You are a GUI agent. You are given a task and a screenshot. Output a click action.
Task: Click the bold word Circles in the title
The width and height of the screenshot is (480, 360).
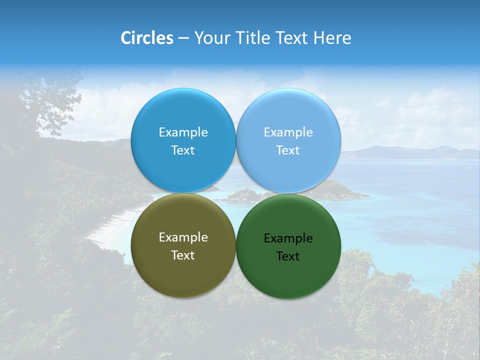pyautogui.click(x=146, y=38)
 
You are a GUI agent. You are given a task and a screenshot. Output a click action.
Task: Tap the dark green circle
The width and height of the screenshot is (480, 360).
pyautogui.click(x=288, y=275)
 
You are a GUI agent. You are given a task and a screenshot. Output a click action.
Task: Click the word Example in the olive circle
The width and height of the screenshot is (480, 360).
pyautogui.click(x=183, y=237)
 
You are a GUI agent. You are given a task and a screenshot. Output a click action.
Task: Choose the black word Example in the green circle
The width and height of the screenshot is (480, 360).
pyautogui.click(x=288, y=238)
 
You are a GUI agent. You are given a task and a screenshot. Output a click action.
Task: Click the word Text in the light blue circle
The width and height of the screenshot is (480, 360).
pyautogui.click(x=288, y=150)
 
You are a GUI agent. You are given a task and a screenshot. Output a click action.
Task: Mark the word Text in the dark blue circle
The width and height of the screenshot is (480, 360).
pyautogui.click(x=183, y=150)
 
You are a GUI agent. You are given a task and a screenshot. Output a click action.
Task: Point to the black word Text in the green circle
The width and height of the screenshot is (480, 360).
pyautogui.click(x=288, y=256)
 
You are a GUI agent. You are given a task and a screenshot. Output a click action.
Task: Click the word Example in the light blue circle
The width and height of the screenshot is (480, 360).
pyautogui.click(x=288, y=132)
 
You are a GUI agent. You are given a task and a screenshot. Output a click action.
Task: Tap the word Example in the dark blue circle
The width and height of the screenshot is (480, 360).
pyautogui.click(x=183, y=132)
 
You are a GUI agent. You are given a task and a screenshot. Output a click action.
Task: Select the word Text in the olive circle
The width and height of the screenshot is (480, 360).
pyautogui.click(x=183, y=255)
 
